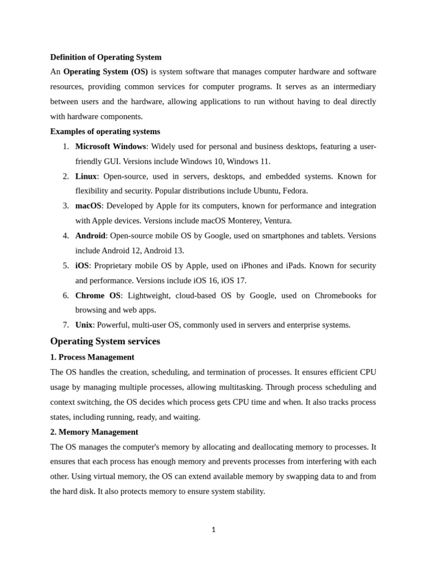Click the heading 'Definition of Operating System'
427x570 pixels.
[x=106, y=57]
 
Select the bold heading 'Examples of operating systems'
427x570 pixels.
[x=105, y=132]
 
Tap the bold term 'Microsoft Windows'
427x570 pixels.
[x=110, y=146]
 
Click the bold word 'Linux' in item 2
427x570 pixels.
[x=86, y=176]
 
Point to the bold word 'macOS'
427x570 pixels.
[x=88, y=206]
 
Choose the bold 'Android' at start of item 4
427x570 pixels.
[x=90, y=236]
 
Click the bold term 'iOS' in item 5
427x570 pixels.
[x=82, y=266]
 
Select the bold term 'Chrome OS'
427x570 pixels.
[x=97, y=296]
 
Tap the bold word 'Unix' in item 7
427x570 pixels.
[x=84, y=325]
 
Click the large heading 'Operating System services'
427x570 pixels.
[x=105, y=341]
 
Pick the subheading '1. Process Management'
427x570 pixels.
[x=92, y=357]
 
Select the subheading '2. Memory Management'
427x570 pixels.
[x=94, y=432]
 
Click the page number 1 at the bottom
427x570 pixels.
[x=213, y=530]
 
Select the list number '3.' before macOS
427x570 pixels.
[x=66, y=206]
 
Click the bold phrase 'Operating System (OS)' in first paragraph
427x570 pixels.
[x=106, y=72]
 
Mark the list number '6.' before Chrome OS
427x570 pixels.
[x=66, y=296]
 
